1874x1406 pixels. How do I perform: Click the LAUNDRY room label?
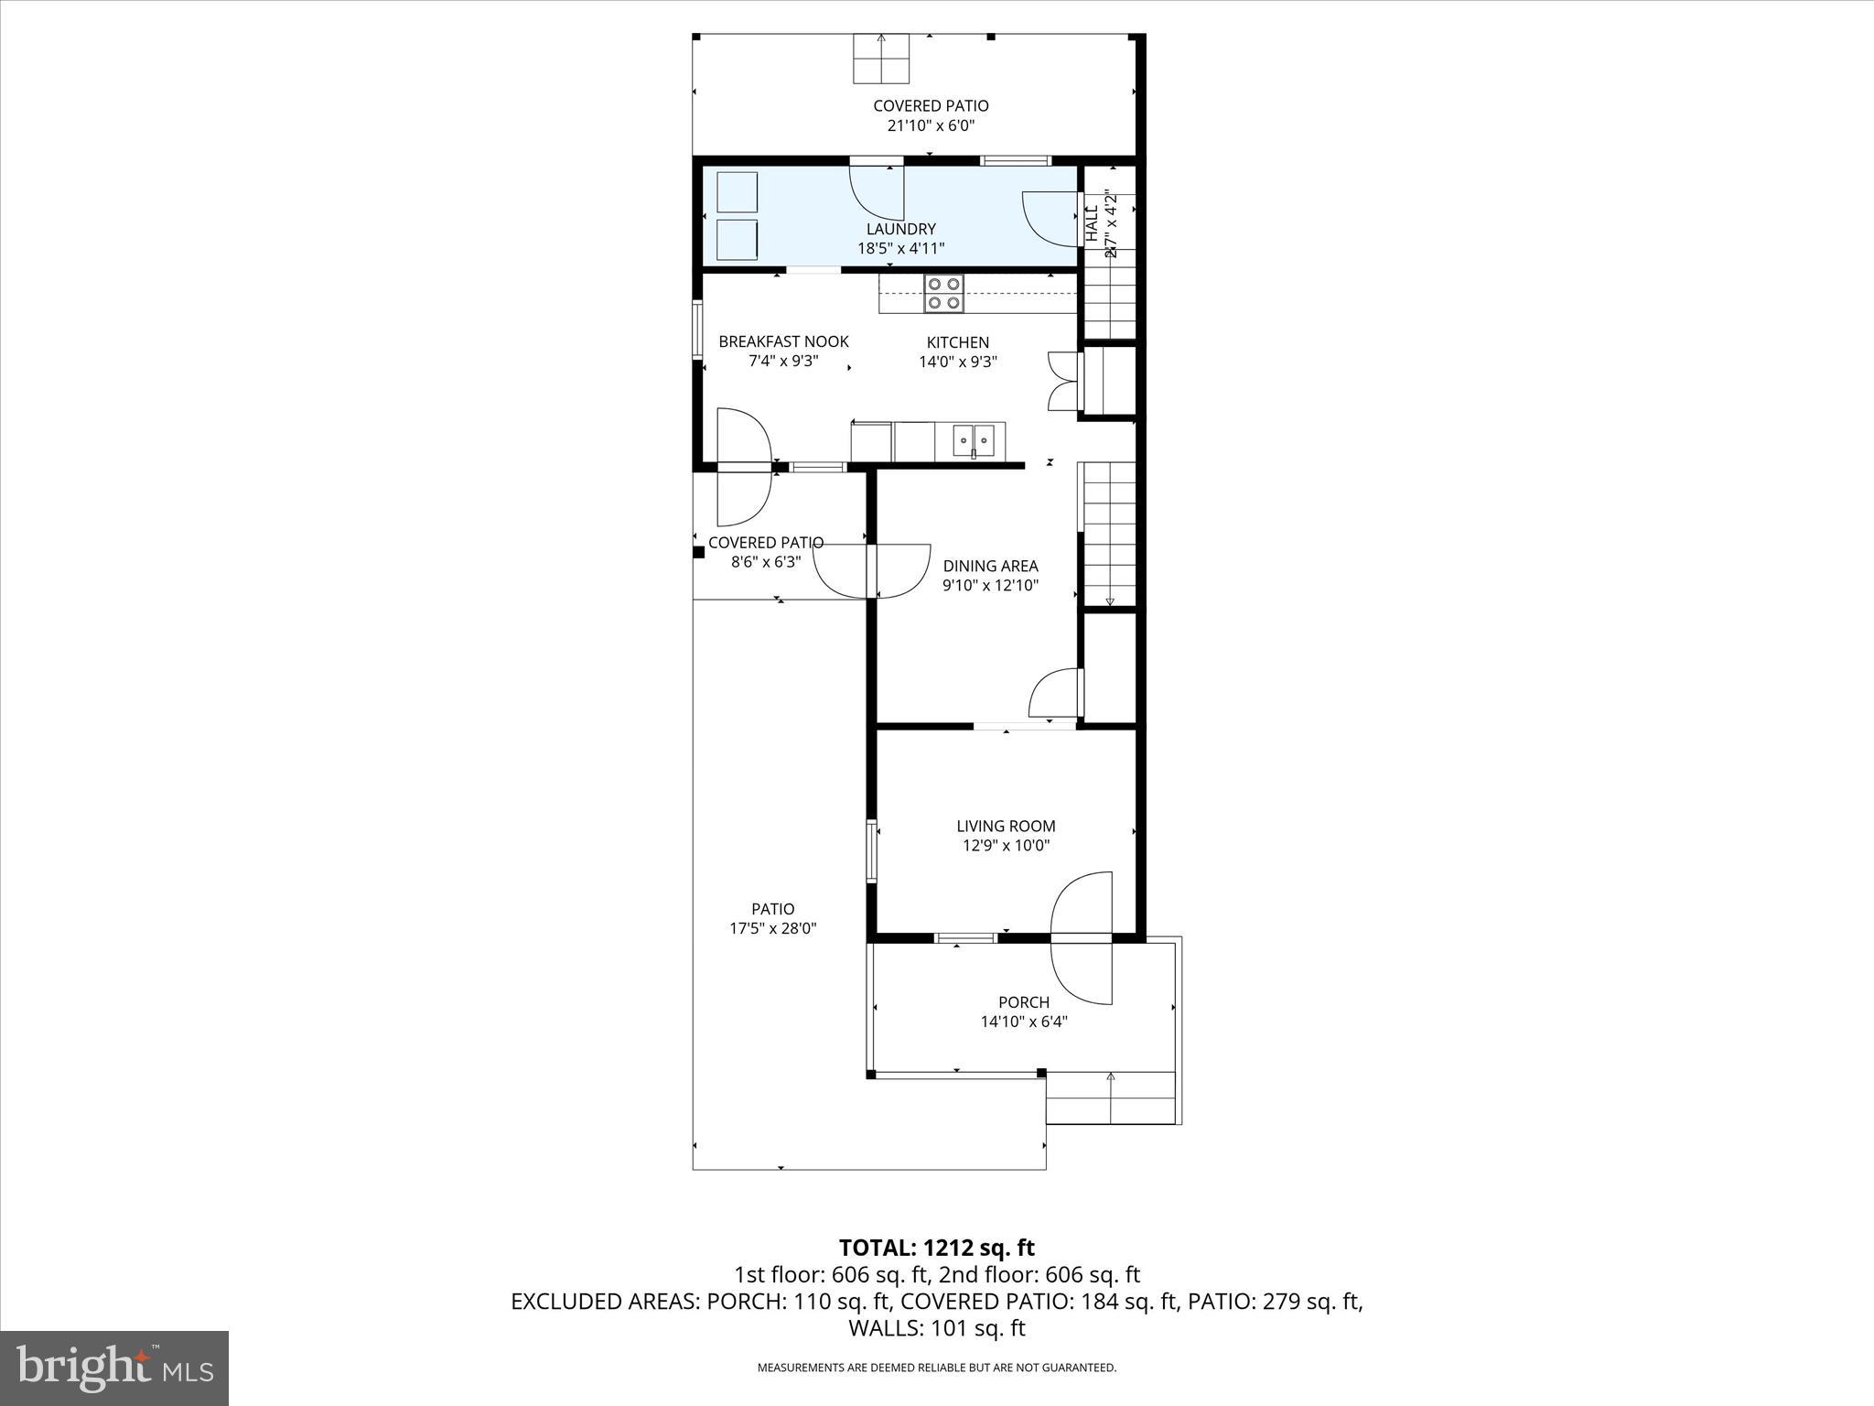pyautogui.click(x=900, y=229)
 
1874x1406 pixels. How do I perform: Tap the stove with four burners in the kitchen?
pyautogui.click(x=943, y=293)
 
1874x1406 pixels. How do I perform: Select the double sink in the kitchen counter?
pyautogui.click(x=973, y=441)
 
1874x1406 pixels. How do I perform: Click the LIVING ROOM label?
pyautogui.click(x=1006, y=826)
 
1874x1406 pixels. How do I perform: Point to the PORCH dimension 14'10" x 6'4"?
pyautogui.click(x=1024, y=1022)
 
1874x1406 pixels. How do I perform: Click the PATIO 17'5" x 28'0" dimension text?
pyautogui.click(x=772, y=928)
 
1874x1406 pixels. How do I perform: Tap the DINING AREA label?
pyautogui.click(x=990, y=566)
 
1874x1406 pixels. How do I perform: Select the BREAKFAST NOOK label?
pyautogui.click(x=783, y=341)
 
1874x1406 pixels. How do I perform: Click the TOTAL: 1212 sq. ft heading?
pyautogui.click(x=936, y=1248)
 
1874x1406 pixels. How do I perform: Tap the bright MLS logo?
pyautogui.click(x=114, y=1368)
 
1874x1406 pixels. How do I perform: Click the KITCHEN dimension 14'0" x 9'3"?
pyautogui.click(x=957, y=362)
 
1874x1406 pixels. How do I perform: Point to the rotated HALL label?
pyautogui.click(x=1091, y=224)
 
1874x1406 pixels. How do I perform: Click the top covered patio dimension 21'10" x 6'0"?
pyautogui.click(x=931, y=125)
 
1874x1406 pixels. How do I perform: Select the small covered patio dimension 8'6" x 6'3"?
pyautogui.click(x=765, y=562)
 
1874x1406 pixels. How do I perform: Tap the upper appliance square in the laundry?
pyautogui.click(x=737, y=192)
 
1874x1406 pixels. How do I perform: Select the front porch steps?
pyautogui.click(x=1110, y=1098)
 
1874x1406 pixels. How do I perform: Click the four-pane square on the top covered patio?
pyautogui.click(x=881, y=58)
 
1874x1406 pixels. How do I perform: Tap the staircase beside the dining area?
pyautogui.click(x=1109, y=533)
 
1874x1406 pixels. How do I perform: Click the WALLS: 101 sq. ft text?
pyautogui.click(x=936, y=1328)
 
